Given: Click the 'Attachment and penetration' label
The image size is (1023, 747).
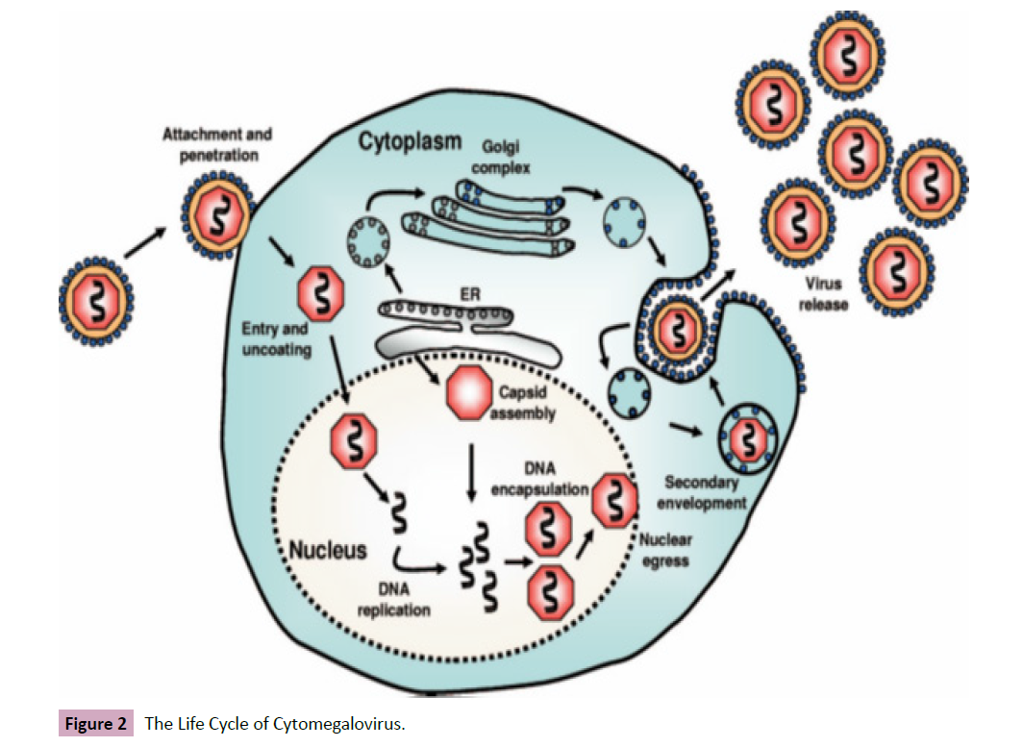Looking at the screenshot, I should click(216, 143).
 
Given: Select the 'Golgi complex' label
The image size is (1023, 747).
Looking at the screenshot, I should click(507, 158).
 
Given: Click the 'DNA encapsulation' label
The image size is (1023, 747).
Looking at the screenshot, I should click(540, 478).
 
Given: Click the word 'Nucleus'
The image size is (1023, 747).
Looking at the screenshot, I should click(328, 550).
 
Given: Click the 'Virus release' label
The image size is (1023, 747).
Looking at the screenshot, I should click(823, 295).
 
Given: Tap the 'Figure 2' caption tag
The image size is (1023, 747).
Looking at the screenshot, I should click(95, 724).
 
